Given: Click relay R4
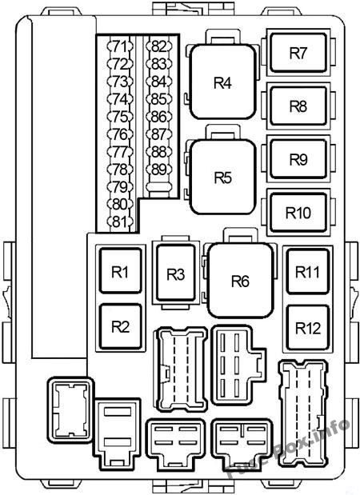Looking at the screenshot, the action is [222, 82].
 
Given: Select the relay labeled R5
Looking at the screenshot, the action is [222, 177].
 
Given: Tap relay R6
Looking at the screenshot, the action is [240, 281].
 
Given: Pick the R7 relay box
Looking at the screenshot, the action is [298, 53].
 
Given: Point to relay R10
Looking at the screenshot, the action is [298, 213].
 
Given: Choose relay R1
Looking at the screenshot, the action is [120, 271].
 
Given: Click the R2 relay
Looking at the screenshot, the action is [120, 327].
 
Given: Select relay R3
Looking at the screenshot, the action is [175, 273].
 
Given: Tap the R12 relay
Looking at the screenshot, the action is [307, 328].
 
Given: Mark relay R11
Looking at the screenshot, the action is [307, 272].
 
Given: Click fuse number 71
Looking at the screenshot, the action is [120, 46].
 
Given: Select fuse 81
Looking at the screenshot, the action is [120, 222].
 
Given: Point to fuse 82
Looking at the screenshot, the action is [159, 46].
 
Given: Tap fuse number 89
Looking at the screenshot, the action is [159, 170].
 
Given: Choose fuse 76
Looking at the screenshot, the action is [120, 134].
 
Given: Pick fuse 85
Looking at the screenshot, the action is [159, 99].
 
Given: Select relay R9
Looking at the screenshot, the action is [298, 159].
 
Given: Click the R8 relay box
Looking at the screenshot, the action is [298, 106].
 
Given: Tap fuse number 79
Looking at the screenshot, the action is [120, 187].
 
